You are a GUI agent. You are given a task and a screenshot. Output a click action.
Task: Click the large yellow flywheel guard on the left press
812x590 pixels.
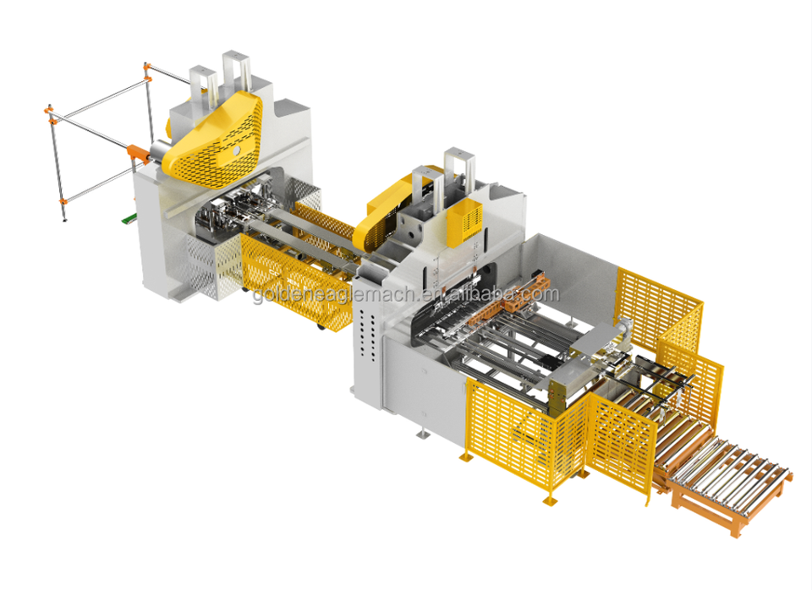click(212, 141)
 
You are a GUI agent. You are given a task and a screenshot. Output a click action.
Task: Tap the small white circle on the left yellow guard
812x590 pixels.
click(237, 150)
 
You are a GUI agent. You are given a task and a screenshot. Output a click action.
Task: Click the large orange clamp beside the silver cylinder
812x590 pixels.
click(137, 153)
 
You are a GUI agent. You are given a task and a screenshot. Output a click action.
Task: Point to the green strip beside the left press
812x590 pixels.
click(128, 220)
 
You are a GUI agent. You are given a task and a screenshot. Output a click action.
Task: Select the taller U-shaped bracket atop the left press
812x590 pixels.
click(236, 73)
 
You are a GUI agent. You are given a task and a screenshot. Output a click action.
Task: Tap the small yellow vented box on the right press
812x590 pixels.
click(464, 221)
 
